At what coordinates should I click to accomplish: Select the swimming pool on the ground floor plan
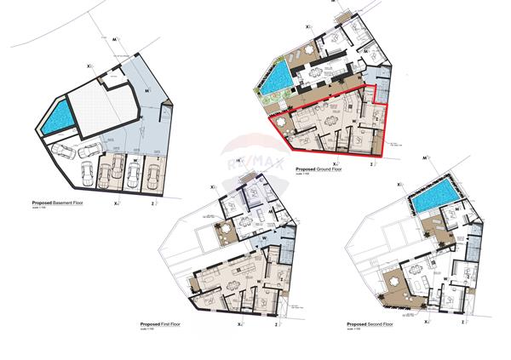[x=274, y=82]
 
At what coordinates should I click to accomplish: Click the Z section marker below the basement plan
[x=151, y=205]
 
